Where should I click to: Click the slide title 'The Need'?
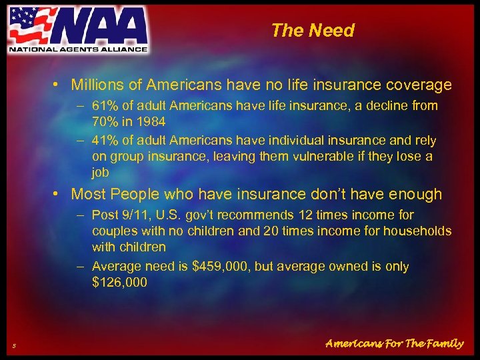coord(313,31)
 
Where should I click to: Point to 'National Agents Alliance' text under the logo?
coord(77,49)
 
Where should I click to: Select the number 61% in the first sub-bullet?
coord(105,106)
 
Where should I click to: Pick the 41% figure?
coord(105,141)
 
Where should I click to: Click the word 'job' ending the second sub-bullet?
coord(101,172)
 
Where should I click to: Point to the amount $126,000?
coord(119,283)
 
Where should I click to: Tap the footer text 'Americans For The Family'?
coord(394,343)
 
